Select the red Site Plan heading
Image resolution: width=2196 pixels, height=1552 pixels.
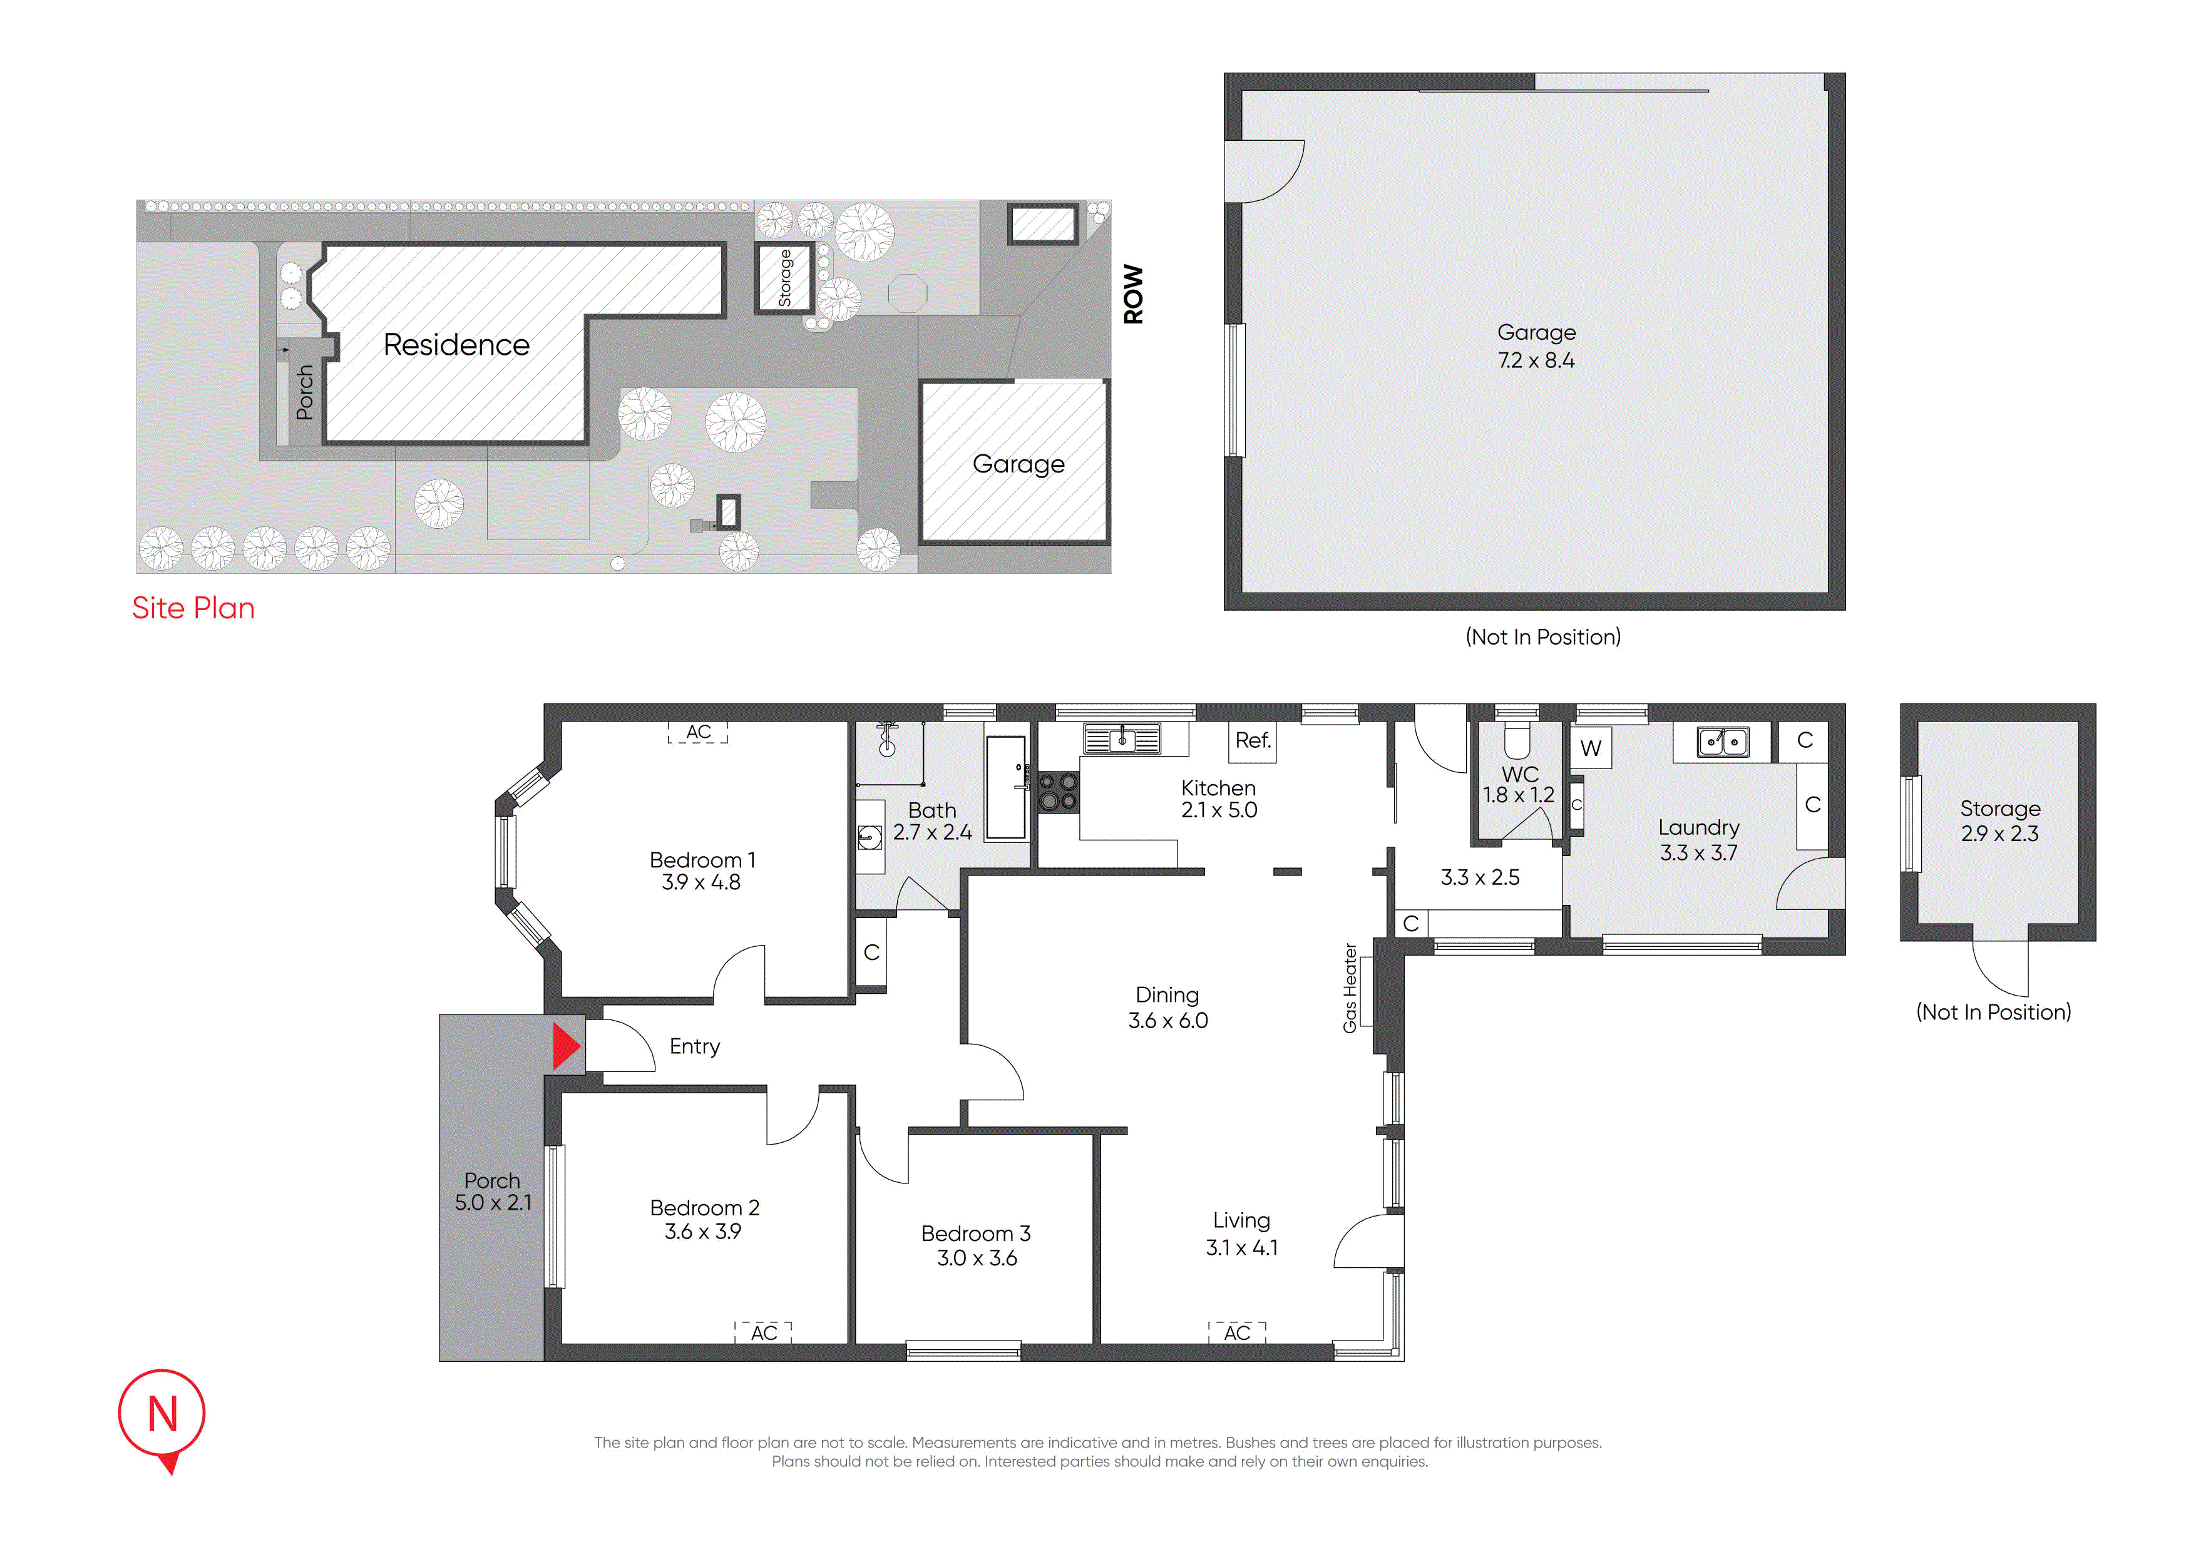[193, 608]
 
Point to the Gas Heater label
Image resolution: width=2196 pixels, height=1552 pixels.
[1350, 988]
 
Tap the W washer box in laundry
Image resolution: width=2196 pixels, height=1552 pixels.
[1591, 748]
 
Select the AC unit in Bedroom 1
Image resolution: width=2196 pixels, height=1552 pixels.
[697, 732]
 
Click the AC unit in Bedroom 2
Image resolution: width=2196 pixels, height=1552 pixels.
[763, 1332]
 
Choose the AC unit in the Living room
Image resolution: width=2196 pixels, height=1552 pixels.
[1237, 1332]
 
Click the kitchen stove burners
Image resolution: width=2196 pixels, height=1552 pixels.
[1059, 792]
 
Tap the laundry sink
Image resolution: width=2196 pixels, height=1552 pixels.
[1723, 741]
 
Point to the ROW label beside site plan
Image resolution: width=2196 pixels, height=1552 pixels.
[1134, 295]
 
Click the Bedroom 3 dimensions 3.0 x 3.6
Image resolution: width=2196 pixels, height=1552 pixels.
[977, 1258]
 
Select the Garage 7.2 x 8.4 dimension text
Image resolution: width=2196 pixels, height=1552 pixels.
[1536, 360]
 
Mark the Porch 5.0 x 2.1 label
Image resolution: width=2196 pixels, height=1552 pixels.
[493, 1192]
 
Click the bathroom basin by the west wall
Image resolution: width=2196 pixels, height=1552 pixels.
[868, 838]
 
